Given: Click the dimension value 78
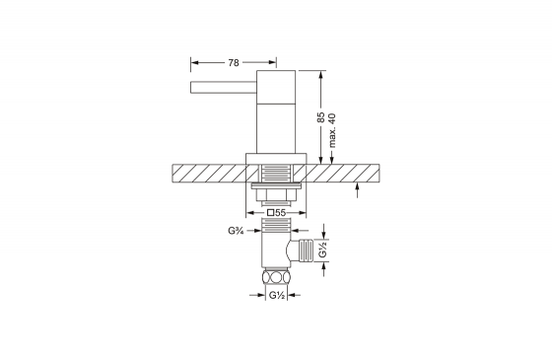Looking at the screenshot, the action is (x=234, y=63).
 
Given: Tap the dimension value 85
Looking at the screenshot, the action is (x=320, y=117).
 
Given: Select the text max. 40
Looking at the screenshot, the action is (x=332, y=130).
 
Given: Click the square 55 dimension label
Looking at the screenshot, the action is (x=276, y=213).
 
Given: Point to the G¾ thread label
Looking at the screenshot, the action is (x=236, y=231).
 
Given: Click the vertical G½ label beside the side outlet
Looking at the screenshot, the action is (x=323, y=250).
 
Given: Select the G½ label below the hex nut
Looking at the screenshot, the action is (x=277, y=295).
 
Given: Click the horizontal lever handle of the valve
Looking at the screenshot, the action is (x=224, y=88).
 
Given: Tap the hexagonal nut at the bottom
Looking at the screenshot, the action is (x=276, y=276).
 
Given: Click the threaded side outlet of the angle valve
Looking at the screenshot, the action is (x=306, y=251).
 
